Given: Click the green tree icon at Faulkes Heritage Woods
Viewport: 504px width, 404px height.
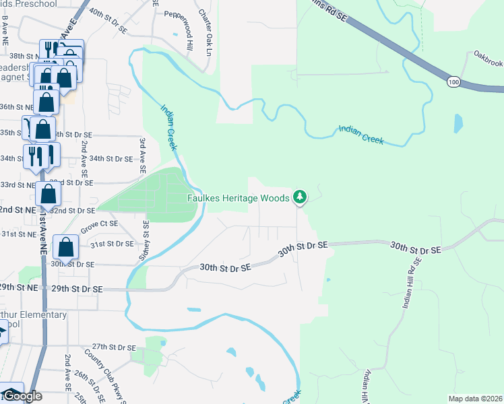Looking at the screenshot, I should click(x=301, y=197).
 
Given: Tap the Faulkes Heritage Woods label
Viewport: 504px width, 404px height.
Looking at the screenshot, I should click(x=238, y=198).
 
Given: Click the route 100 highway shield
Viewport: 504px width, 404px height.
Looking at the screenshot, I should click(x=453, y=81).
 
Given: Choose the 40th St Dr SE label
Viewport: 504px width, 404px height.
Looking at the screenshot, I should click(x=108, y=13).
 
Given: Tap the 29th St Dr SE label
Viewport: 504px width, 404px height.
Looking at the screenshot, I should click(x=79, y=288).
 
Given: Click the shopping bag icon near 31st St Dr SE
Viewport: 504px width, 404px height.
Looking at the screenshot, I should click(x=65, y=248).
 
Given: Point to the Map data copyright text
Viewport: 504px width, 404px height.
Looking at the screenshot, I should click(x=476, y=399).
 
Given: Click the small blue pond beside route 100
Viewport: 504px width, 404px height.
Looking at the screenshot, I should click(x=458, y=123).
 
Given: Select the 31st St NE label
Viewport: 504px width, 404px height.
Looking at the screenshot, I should click(x=18, y=234).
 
